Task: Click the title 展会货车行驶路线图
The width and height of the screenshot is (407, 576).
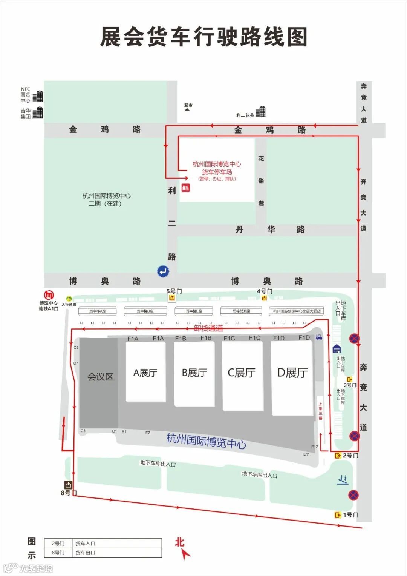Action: pos(203,37)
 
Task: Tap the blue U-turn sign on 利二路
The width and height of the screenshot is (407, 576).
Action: pos(163,271)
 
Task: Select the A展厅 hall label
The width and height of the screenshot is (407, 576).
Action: pos(145,373)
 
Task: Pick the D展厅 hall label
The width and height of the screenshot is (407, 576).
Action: pos(292,373)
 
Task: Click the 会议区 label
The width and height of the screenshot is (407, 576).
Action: pos(100,377)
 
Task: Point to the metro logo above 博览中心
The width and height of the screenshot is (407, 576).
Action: pos(49,295)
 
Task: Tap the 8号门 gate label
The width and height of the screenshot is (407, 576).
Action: pos(68,493)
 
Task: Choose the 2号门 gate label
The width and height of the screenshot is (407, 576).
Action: pos(350,456)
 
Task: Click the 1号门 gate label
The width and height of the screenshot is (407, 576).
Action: pos(350,515)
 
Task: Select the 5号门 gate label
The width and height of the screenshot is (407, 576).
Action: pos(174,291)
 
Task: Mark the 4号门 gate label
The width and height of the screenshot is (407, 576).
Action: pos(265,291)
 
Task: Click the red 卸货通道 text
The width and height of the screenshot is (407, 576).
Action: pos(208,328)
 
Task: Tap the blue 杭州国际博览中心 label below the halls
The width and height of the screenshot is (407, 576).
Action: pos(207,440)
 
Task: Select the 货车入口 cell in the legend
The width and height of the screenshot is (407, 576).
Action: pos(86,544)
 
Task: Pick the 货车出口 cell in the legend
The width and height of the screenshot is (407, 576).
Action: pos(86,553)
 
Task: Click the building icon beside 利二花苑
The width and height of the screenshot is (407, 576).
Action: pos(260,112)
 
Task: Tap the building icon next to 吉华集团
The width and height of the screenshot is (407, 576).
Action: pos(38,112)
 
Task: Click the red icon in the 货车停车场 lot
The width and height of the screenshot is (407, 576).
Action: pos(186,187)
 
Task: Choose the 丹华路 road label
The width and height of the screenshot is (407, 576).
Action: pos(271,229)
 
